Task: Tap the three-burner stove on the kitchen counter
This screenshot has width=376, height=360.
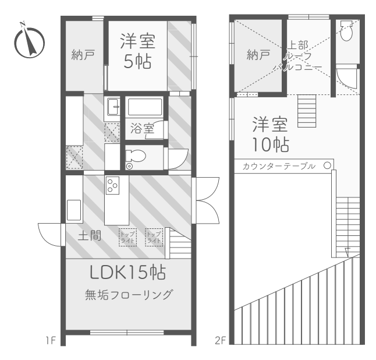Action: (112, 186)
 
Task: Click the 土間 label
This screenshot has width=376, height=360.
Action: (90, 236)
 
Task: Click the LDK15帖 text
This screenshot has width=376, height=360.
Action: (128, 272)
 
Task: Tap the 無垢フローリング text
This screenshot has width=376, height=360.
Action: (128, 295)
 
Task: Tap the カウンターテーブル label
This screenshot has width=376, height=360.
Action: (278, 166)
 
